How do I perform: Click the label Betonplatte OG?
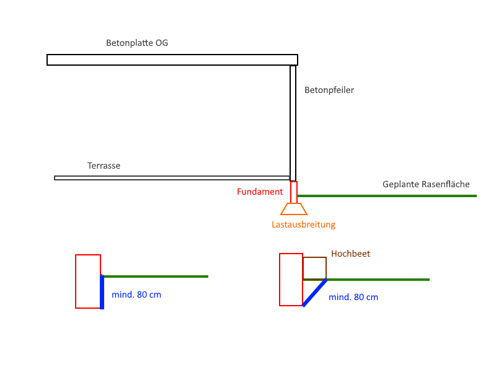(x=137, y=43)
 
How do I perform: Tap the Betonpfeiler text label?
(x=329, y=90)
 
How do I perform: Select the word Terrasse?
(x=104, y=166)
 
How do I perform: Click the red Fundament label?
(x=260, y=192)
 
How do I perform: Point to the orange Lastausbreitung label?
(x=303, y=224)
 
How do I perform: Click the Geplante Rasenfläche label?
(x=426, y=184)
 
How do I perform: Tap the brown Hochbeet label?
(x=350, y=254)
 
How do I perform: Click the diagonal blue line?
(x=315, y=293)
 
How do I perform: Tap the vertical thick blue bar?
(x=102, y=292)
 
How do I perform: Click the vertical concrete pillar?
(x=293, y=123)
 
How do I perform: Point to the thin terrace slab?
(x=172, y=178)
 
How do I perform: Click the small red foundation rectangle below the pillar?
(x=294, y=192)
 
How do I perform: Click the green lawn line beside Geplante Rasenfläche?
(x=387, y=196)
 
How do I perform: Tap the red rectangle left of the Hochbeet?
(x=280, y=280)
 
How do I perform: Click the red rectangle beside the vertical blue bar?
(x=76, y=281)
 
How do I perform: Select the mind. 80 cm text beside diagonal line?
(x=353, y=297)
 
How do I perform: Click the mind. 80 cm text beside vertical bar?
(x=136, y=294)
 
